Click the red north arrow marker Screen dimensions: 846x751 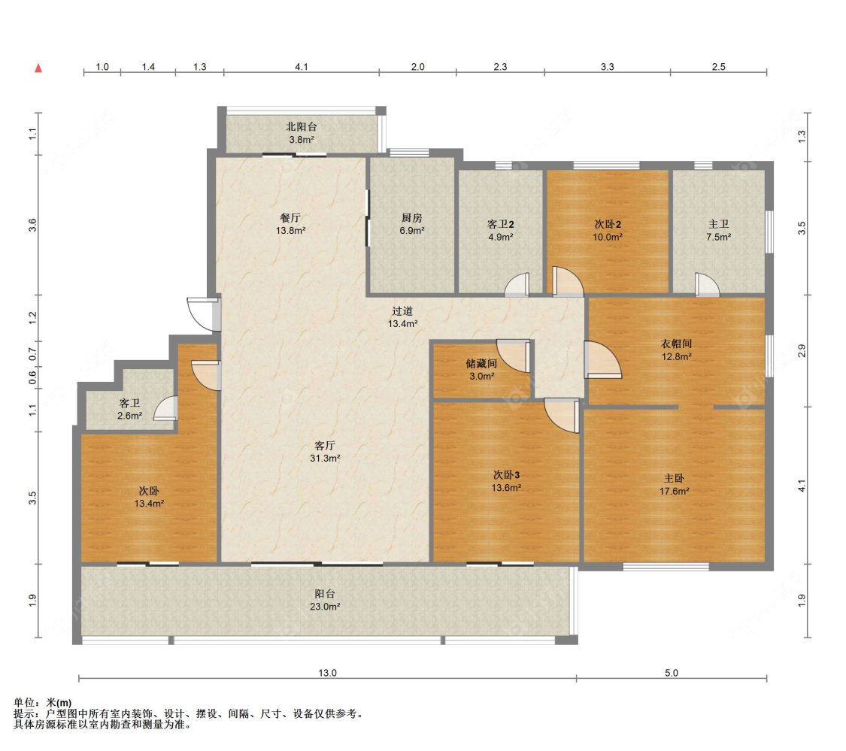point(38,68)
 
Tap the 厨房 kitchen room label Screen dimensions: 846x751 point(411,218)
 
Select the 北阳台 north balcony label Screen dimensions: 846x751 point(301,127)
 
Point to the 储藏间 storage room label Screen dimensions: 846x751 point(481,364)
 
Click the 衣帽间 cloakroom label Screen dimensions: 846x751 point(676,344)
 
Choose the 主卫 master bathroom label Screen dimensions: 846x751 point(719,224)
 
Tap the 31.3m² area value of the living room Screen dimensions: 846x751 point(325,459)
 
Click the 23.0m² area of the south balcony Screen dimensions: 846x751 point(325,607)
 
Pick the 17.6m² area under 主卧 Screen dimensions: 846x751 point(674,492)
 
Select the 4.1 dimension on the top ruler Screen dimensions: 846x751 point(302,67)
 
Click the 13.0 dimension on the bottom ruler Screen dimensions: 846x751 point(328,673)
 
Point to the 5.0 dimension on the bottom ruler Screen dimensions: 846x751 point(672,673)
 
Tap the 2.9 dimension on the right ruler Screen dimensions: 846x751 point(802,350)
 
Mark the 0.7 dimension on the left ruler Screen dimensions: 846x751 point(33,355)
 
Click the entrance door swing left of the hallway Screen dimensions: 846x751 point(203,313)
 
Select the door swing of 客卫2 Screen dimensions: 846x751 point(517,285)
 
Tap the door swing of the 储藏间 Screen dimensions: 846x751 point(514,356)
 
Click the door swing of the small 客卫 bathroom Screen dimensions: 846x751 point(165,408)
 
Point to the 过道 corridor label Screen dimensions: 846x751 point(402,311)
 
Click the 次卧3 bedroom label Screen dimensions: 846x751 point(506,475)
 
